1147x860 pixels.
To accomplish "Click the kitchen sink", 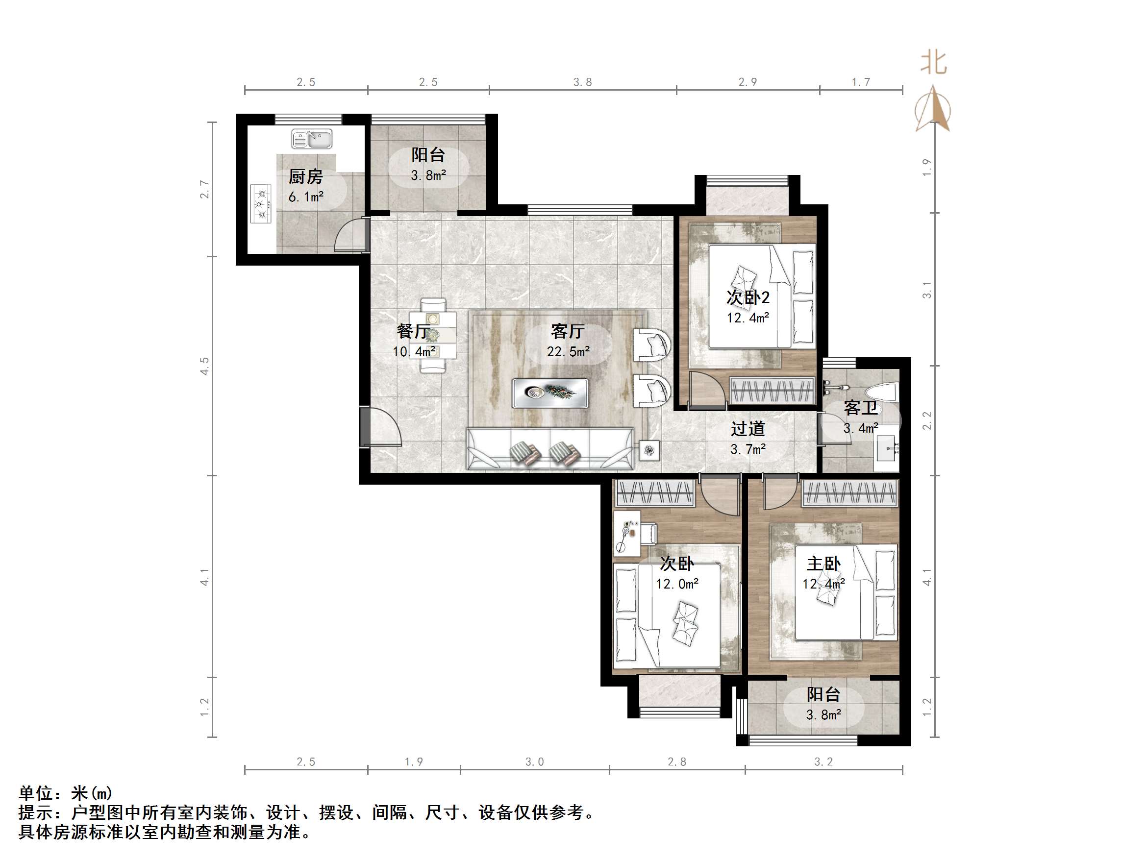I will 312,139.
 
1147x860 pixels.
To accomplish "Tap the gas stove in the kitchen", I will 261,203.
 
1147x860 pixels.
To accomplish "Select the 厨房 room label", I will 305,177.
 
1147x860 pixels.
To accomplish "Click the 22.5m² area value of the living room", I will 568,351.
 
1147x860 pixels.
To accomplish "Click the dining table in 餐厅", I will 432,335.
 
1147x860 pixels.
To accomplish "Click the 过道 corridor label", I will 748,428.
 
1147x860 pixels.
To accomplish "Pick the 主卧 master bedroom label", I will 823,564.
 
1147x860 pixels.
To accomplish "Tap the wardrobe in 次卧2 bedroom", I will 772,390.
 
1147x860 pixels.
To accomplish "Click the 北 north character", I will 933,63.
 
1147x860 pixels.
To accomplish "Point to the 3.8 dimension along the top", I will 582,82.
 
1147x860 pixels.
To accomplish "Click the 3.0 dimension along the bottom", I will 535,762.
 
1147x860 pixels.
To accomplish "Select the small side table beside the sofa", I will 649,450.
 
